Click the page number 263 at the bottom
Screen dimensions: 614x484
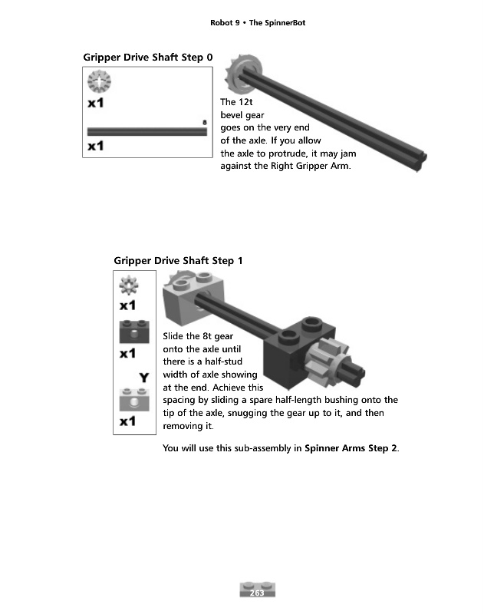tap(258, 592)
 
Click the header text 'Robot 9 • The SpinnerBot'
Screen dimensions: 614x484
tap(258, 23)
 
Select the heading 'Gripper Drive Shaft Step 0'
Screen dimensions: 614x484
tap(147, 57)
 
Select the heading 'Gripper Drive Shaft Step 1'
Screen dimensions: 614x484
tap(178, 261)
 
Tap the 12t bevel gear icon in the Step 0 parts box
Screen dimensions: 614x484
tap(100, 81)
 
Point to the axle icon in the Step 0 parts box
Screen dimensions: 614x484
tap(147, 131)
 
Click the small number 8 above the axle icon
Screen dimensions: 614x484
tap(205, 122)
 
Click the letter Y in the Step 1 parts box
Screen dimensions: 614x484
tap(143, 377)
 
